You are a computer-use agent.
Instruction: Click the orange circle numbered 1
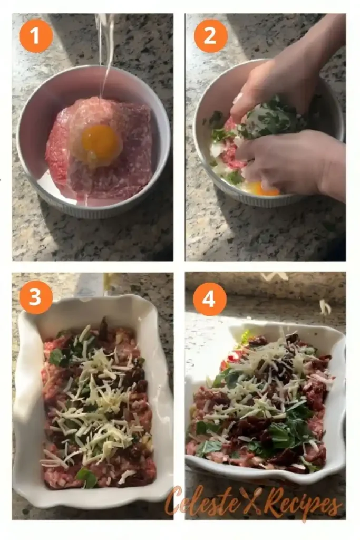[x=36, y=36]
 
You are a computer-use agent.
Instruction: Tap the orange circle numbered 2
[x=210, y=36]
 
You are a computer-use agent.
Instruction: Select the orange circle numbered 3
[x=36, y=297]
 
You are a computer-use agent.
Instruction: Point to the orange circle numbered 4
[x=210, y=299]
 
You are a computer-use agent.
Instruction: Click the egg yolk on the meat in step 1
[x=102, y=143]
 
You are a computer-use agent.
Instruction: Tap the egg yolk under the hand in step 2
[x=264, y=189]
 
